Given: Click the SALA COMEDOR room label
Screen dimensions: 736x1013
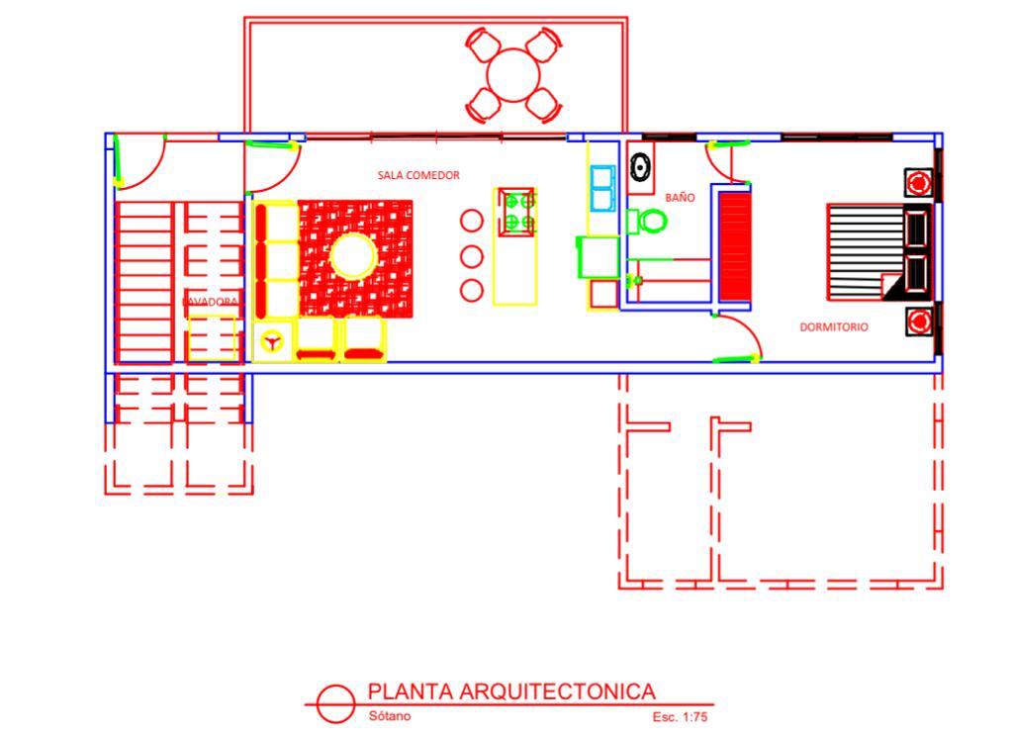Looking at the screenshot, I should click(x=418, y=175).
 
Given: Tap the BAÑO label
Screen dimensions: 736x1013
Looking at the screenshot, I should click(x=680, y=198).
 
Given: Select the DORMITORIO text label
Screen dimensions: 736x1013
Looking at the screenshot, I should click(x=834, y=326).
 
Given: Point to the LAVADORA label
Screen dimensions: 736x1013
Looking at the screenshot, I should click(x=210, y=300).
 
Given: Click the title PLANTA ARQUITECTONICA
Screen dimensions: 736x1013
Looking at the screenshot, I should click(x=511, y=691).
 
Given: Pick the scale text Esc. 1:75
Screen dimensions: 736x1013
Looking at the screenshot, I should click(x=680, y=717).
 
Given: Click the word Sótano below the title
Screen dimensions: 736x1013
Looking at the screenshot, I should click(x=389, y=716).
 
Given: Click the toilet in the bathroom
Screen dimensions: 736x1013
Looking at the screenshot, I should click(x=649, y=222).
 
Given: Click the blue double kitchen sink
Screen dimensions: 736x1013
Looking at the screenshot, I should click(x=602, y=189).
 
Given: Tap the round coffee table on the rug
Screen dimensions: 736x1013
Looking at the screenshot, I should click(x=352, y=256).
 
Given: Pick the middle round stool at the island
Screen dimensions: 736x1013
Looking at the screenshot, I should click(x=472, y=256).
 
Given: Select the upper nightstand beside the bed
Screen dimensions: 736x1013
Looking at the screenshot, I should click(x=919, y=183).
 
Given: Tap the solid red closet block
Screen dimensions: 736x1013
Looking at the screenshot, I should click(x=734, y=244).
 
